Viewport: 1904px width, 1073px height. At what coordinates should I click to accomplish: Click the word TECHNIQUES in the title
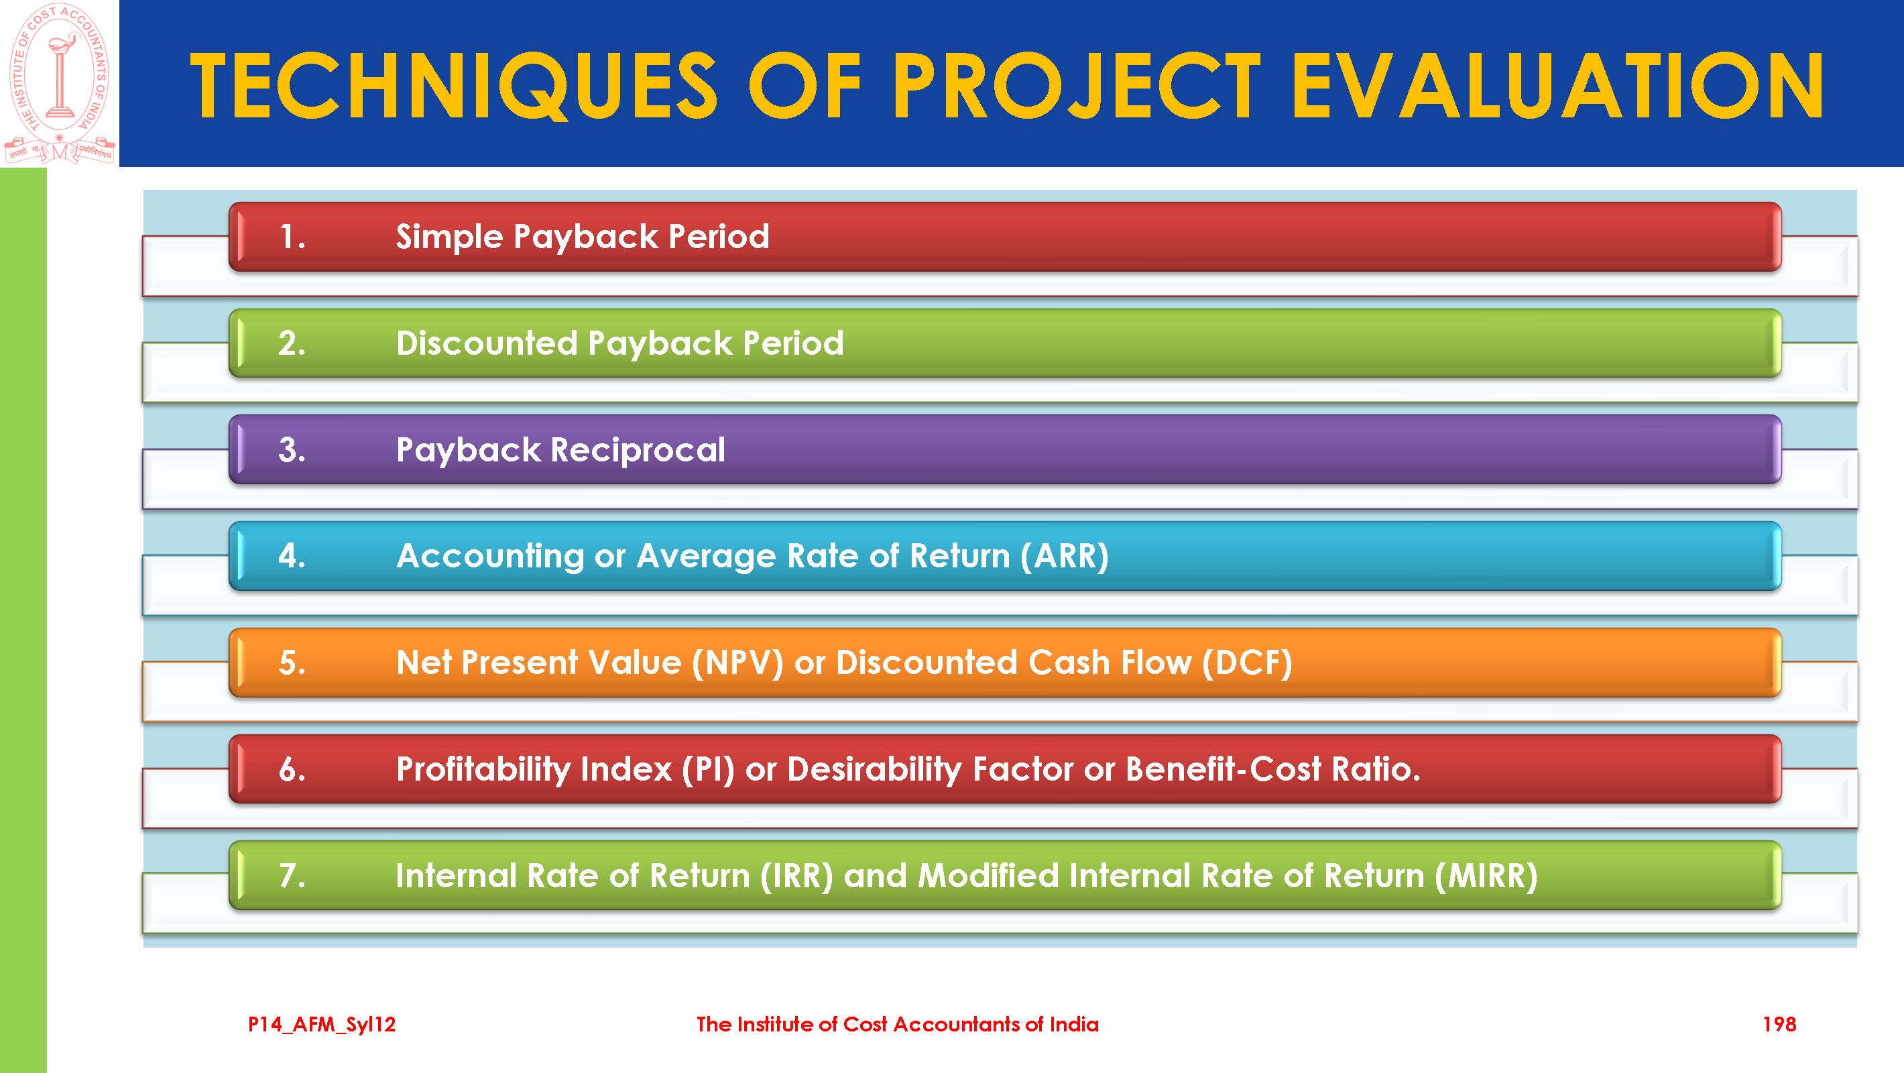[453, 86]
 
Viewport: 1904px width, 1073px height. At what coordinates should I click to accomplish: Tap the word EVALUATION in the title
[1557, 86]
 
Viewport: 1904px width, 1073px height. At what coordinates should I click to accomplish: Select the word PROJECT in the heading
[1077, 86]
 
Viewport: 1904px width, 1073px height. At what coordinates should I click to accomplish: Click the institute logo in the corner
[59, 83]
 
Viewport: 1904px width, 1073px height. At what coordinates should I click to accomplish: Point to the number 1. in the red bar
[292, 237]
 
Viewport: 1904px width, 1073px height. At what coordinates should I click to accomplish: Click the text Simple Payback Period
[583, 237]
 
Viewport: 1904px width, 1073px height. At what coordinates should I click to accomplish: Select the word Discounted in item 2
[486, 343]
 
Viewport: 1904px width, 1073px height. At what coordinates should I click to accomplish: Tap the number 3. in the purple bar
[292, 449]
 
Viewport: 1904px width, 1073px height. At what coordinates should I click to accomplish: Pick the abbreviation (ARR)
[1065, 556]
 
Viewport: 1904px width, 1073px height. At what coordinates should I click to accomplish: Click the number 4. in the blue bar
[292, 556]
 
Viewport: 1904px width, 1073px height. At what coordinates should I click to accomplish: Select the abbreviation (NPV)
[737, 663]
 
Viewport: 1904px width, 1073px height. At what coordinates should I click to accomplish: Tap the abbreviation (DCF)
[1247, 663]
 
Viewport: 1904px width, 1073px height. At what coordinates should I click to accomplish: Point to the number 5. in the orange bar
[292, 663]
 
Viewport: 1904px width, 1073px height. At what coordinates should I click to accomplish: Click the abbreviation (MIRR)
[1486, 876]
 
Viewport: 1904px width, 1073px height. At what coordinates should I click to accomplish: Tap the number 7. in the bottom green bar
[292, 876]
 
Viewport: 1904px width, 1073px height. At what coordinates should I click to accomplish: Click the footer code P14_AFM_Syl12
[322, 1024]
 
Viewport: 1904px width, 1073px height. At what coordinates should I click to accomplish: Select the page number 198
[1779, 1024]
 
